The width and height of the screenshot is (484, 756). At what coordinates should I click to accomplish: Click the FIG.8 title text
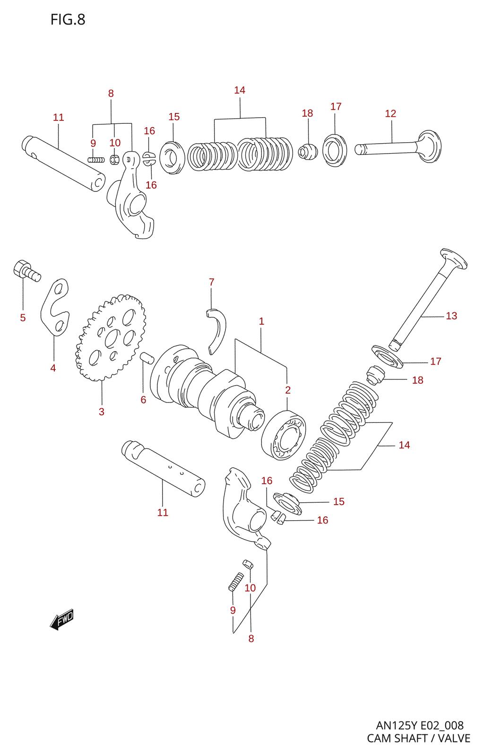(68, 19)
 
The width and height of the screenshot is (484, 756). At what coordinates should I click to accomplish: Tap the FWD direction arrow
(62, 619)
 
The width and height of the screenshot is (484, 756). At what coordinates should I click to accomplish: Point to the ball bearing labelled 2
(284, 434)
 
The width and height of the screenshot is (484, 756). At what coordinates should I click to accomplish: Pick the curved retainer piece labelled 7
(217, 329)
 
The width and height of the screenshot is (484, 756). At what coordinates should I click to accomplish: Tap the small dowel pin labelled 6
(147, 358)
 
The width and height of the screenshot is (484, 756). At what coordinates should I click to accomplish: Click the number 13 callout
(451, 316)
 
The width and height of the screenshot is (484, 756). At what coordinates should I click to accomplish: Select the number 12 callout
(390, 113)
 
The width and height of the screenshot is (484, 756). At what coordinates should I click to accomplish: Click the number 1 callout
(261, 321)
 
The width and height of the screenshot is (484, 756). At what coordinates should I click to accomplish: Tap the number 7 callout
(211, 282)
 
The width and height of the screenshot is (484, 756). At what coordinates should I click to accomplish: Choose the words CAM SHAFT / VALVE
(418, 738)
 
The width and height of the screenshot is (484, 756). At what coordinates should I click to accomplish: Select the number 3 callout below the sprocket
(102, 412)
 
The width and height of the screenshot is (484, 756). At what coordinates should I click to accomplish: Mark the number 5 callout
(23, 318)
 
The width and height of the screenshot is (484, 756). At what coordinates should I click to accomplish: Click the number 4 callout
(53, 368)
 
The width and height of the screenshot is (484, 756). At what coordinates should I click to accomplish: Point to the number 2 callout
(287, 390)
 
